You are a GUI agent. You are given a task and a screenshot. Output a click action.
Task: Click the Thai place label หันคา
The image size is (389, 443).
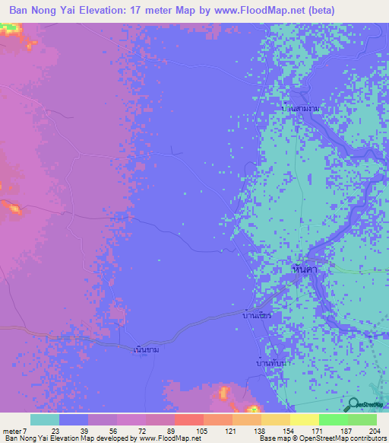tap(304, 269)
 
